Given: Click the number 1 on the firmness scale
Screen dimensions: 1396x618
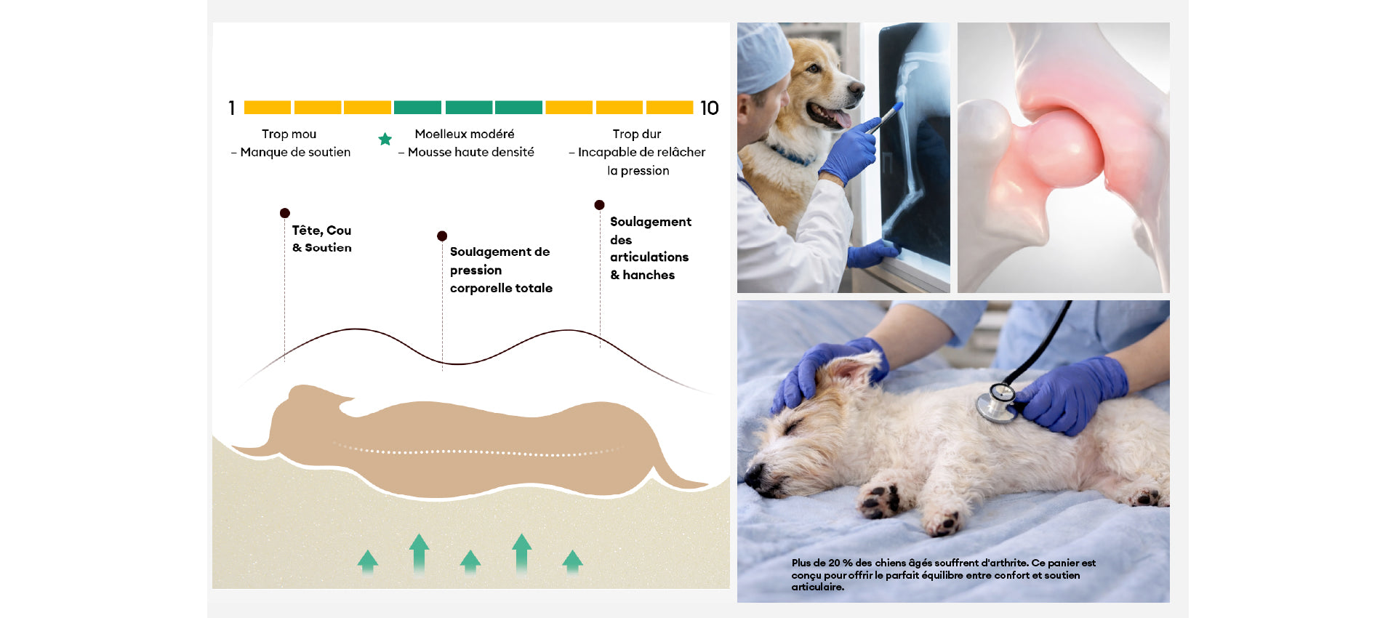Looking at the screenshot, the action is [232, 108].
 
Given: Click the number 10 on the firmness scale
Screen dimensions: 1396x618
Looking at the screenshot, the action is [710, 108].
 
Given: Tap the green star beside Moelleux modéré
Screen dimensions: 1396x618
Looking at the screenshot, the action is [385, 139].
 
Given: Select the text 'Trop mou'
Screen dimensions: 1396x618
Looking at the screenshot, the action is [289, 134].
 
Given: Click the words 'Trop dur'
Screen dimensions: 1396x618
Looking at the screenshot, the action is [637, 134].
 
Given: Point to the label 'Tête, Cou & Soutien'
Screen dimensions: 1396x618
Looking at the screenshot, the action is [322, 238].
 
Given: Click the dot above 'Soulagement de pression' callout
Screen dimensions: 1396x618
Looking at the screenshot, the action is [442, 236].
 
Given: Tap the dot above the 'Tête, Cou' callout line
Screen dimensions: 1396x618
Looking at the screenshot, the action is [285, 213].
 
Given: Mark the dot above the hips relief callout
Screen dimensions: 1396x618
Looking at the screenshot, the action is [599, 205].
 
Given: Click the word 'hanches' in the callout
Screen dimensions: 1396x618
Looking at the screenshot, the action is [649, 275].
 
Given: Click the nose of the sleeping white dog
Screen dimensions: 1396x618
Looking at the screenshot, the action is [753, 477].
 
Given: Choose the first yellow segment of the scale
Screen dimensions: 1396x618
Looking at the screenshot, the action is [268, 108].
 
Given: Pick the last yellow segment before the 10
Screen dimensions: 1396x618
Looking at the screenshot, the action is [670, 108].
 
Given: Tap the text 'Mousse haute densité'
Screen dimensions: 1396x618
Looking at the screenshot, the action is [471, 152].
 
